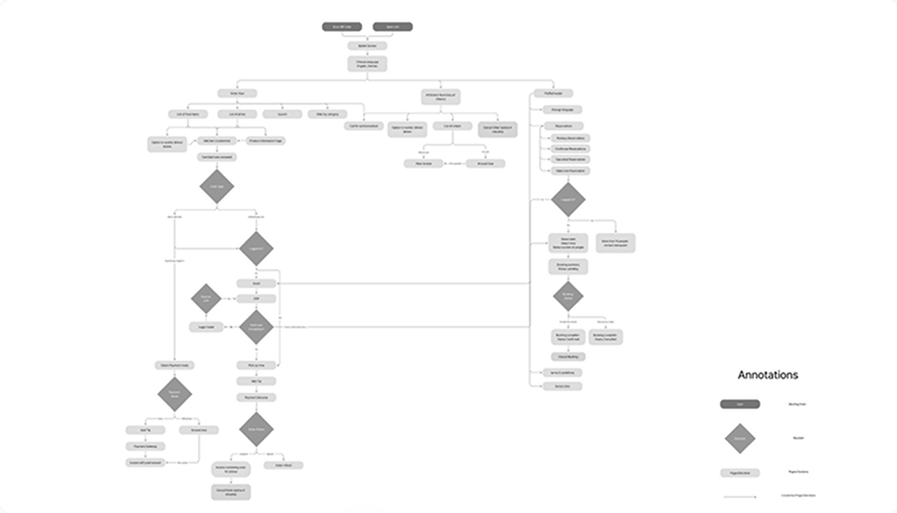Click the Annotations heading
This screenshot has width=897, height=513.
(x=767, y=375)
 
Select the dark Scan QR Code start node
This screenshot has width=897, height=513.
(x=342, y=27)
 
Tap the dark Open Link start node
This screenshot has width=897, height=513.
(x=393, y=27)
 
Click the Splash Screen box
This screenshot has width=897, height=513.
(x=367, y=46)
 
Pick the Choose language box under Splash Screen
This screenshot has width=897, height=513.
(x=367, y=64)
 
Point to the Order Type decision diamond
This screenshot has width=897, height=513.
(x=217, y=187)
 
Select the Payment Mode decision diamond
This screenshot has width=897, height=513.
(x=175, y=394)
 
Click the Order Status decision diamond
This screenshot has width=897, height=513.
(x=256, y=429)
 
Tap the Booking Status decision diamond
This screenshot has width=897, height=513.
(x=568, y=296)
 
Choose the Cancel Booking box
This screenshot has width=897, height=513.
(x=568, y=357)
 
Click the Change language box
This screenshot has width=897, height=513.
(x=562, y=110)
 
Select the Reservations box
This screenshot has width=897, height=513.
(x=564, y=126)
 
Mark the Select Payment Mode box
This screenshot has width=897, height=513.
(x=175, y=365)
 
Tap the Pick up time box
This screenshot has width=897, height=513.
(x=256, y=365)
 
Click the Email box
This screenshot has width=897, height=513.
(x=256, y=283)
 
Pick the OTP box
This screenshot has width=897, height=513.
(x=256, y=299)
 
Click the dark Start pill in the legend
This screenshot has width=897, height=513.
(x=740, y=404)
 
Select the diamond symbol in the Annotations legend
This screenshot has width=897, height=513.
(x=740, y=438)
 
